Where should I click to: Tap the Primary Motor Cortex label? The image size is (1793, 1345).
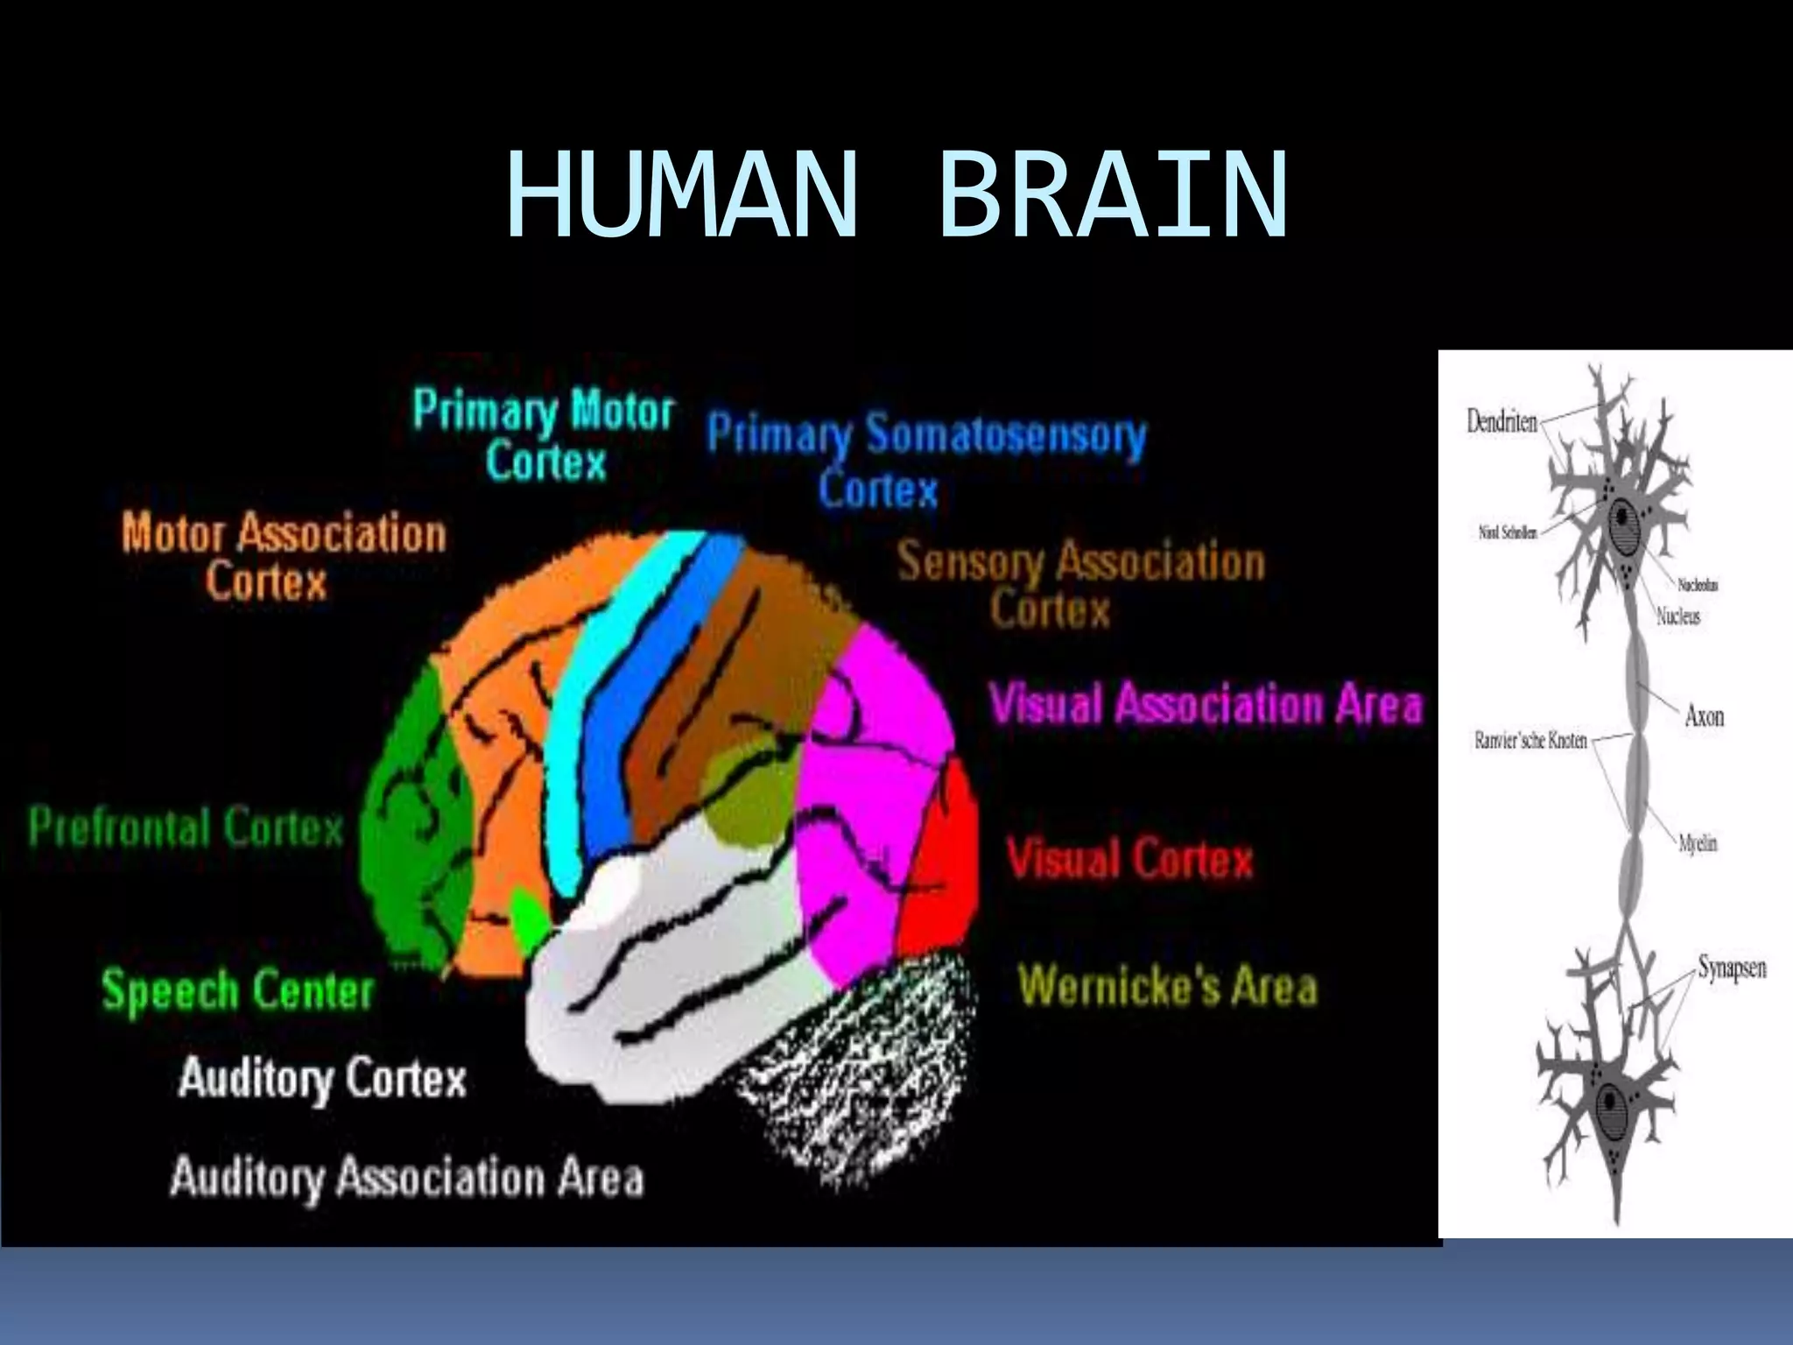(544, 435)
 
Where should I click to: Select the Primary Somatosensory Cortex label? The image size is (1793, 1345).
(925, 460)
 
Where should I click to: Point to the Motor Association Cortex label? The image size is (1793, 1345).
(283, 556)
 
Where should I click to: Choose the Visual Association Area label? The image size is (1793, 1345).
(1206, 703)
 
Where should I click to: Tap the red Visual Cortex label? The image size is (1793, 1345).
(1129, 858)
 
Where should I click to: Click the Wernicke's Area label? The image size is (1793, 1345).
(1168, 986)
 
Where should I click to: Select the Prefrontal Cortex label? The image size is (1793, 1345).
(186, 827)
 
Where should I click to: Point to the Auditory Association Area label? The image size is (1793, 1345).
(406, 1177)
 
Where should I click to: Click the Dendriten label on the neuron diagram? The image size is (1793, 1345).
(1501, 422)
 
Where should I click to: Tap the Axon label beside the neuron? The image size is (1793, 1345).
(1704, 716)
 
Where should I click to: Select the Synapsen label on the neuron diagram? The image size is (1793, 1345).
(1731, 968)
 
